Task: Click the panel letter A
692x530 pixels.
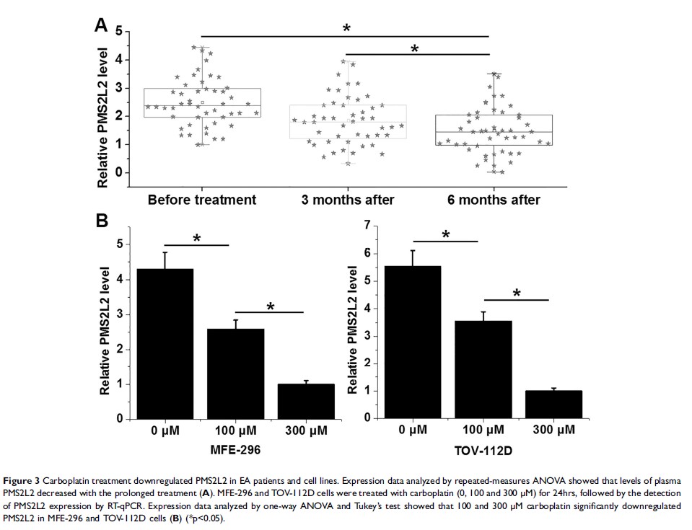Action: pyautogui.click(x=102, y=27)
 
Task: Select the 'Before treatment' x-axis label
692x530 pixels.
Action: pyautogui.click(x=201, y=199)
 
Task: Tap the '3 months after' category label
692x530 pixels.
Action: pyautogui.click(x=346, y=199)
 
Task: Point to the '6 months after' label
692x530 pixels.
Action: pyautogui.click(x=492, y=199)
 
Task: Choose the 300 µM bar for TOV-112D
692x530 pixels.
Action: pyautogui.click(x=553, y=404)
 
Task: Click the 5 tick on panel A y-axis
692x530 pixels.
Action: pyautogui.click(x=118, y=32)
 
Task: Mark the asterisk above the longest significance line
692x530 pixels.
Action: pyautogui.click(x=346, y=29)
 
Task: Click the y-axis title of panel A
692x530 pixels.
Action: pyautogui.click(x=102, y=118)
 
